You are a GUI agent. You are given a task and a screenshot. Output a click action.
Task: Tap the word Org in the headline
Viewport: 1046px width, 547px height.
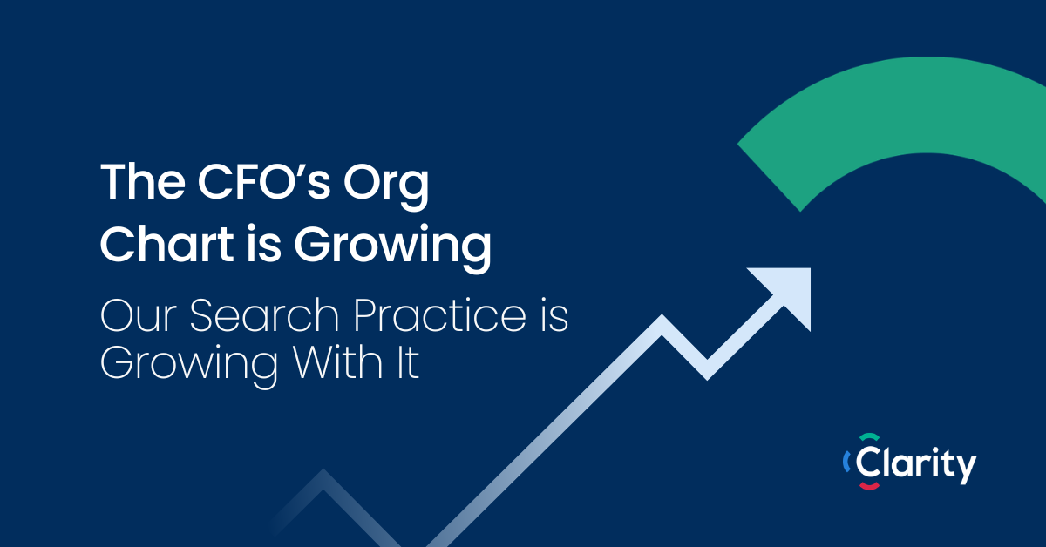(x=385, y=186)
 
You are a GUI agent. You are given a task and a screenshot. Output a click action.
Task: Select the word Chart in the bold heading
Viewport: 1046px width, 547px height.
(x=166, y=243)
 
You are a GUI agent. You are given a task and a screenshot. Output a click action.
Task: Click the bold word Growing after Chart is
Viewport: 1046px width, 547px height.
(x=392, y=248)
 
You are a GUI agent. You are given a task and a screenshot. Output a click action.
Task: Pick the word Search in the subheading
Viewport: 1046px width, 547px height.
(x=264, y=315)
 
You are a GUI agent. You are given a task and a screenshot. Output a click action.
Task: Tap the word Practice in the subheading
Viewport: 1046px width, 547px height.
(x=440, y=315)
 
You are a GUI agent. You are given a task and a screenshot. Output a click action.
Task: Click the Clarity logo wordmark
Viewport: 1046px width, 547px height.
(x=915, y=464)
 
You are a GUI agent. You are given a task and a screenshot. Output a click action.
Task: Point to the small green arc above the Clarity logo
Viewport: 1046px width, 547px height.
(x=869, y=436)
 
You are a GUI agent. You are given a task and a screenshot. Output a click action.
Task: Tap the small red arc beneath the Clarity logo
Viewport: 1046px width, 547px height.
(x=869, y=487)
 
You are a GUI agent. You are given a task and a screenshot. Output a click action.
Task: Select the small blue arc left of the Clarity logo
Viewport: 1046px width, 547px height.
(x=846, y=462)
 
